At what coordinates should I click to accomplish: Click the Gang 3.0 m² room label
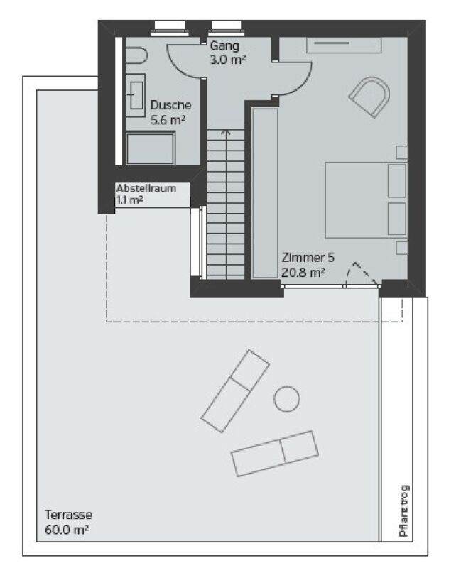227,53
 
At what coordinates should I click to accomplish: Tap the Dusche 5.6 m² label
170,112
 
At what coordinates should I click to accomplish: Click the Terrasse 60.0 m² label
68,522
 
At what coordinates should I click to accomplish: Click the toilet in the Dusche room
136,55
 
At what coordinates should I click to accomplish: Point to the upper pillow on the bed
396,180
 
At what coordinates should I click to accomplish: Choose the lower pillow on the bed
396,219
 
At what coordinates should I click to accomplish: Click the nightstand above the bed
402,152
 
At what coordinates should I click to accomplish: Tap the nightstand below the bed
402,247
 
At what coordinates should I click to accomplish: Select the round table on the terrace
286,398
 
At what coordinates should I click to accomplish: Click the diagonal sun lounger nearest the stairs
235,390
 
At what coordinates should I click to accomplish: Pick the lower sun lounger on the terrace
274,453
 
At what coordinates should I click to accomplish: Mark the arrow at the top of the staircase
225,131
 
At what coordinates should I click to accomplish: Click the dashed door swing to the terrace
362,273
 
